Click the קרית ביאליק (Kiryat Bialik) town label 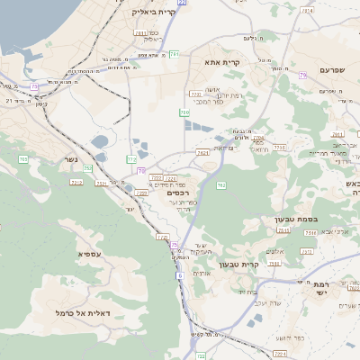point(144,12)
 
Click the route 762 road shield point(220,184)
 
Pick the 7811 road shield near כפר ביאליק point(139,33)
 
